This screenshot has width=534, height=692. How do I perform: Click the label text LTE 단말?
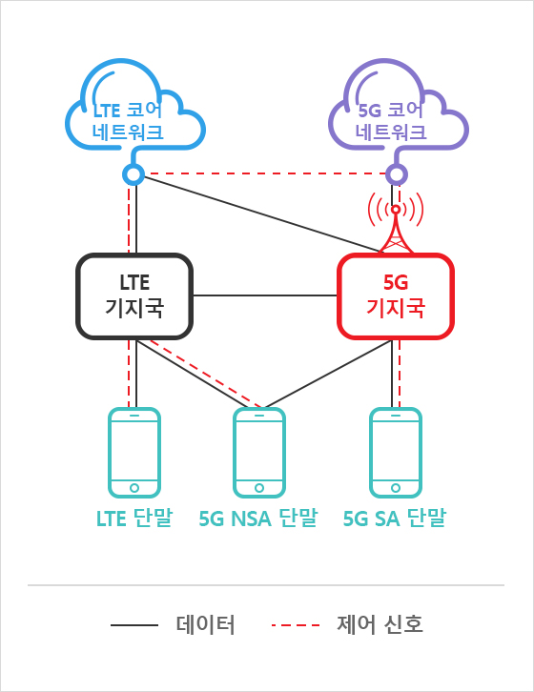pos(134,518)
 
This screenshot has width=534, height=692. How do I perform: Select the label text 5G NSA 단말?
pos(258,518)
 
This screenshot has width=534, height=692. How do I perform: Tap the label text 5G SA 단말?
pos(395,518)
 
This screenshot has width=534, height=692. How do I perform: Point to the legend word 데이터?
pos(205,624)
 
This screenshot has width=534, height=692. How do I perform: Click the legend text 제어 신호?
pos(380,624)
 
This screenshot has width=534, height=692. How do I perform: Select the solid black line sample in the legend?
pos(134,625)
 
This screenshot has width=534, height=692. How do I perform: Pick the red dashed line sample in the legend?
pos(296,625)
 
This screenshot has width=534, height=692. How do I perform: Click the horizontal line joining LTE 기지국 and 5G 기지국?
pos(265,295)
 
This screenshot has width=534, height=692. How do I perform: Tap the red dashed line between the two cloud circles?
pos(265,173)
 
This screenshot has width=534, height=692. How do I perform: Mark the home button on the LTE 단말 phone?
pos(134,488)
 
